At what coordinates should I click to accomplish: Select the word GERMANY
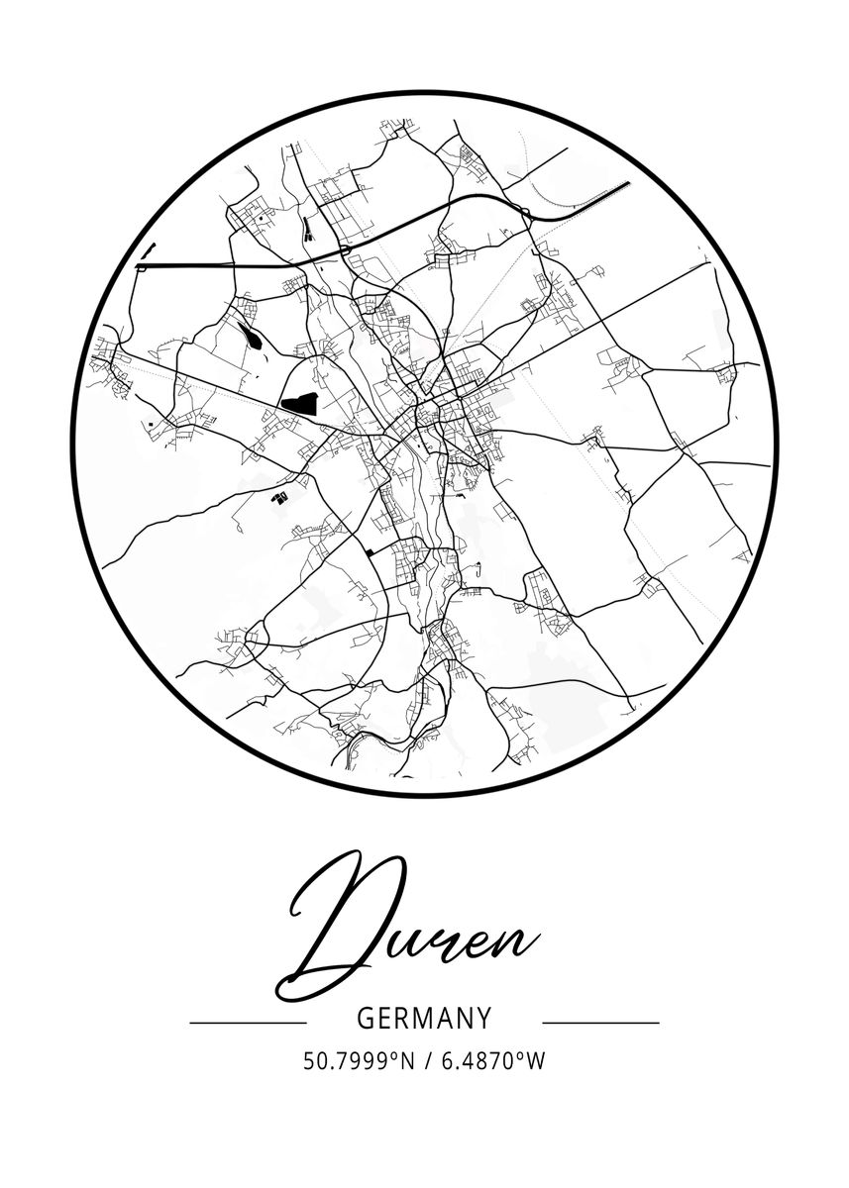point(423,1019)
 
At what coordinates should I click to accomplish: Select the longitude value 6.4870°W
point(491,1061)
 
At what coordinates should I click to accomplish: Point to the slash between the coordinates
point(426,1061)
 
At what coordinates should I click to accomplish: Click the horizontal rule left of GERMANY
point(248,1022)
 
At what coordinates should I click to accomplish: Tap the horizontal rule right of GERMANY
point(600,1022)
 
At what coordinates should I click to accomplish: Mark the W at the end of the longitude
point(536,1061)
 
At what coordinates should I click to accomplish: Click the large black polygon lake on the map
point(299,402)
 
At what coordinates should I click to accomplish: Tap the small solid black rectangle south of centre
point(371,551)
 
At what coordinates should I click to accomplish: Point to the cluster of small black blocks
point(280,495)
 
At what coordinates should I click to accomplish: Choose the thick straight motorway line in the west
point(218,265)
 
